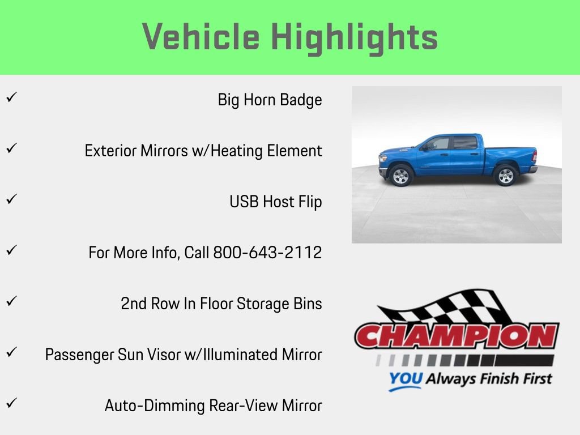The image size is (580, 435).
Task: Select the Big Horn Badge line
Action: point(270,100)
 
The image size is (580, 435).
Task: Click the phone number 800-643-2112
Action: point(267,253)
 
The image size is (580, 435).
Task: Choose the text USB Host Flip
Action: point(275,202)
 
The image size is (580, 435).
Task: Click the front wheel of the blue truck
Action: point(401,176)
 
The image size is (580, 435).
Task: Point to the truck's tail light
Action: point(534,156)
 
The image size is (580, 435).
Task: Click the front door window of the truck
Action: point(439,144)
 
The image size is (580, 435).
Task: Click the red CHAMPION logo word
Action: point(457,336)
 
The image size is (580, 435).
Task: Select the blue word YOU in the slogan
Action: point(406,379)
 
